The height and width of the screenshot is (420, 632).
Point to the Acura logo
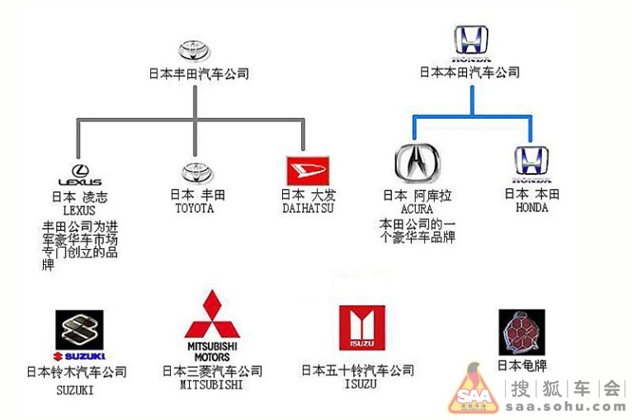[x=418, y=162]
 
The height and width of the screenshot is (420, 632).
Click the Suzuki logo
[x=79, y=330]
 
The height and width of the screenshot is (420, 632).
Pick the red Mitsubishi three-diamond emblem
[x=212, y=314]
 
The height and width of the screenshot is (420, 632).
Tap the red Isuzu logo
[x=361, y=328]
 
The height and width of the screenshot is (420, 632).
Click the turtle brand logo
[x=521, y=332]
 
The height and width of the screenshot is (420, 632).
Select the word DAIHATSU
[x=308, y=209]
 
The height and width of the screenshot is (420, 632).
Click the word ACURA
[x=417, y=210]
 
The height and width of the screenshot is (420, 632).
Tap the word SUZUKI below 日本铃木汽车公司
[x=75, y=389]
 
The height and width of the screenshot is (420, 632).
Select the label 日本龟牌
[x=521, y=366]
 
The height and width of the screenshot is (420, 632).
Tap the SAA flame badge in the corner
[x=472, y=389]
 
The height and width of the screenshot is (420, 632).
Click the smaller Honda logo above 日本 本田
[x=531, y=163]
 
